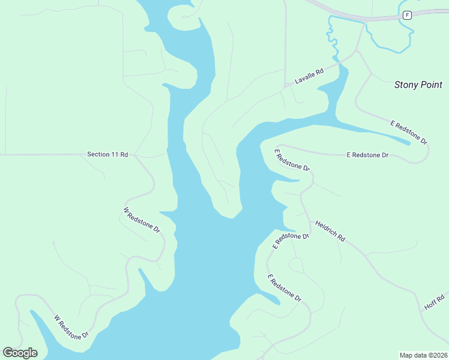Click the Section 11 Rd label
pos(107,154)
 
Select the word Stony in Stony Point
pos(405,85)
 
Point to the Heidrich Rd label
pos(330,230)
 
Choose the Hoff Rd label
pos(434,302)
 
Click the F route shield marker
pos(407,15)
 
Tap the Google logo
pos(20,353)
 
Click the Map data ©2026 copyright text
pos(423,355)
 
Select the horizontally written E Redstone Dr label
pos(367,155)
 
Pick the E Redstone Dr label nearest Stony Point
pos(409,132)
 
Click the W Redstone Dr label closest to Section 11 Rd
pos(142,220)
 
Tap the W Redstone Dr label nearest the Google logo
pos(71,326)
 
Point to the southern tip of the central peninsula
pos(230,217)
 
